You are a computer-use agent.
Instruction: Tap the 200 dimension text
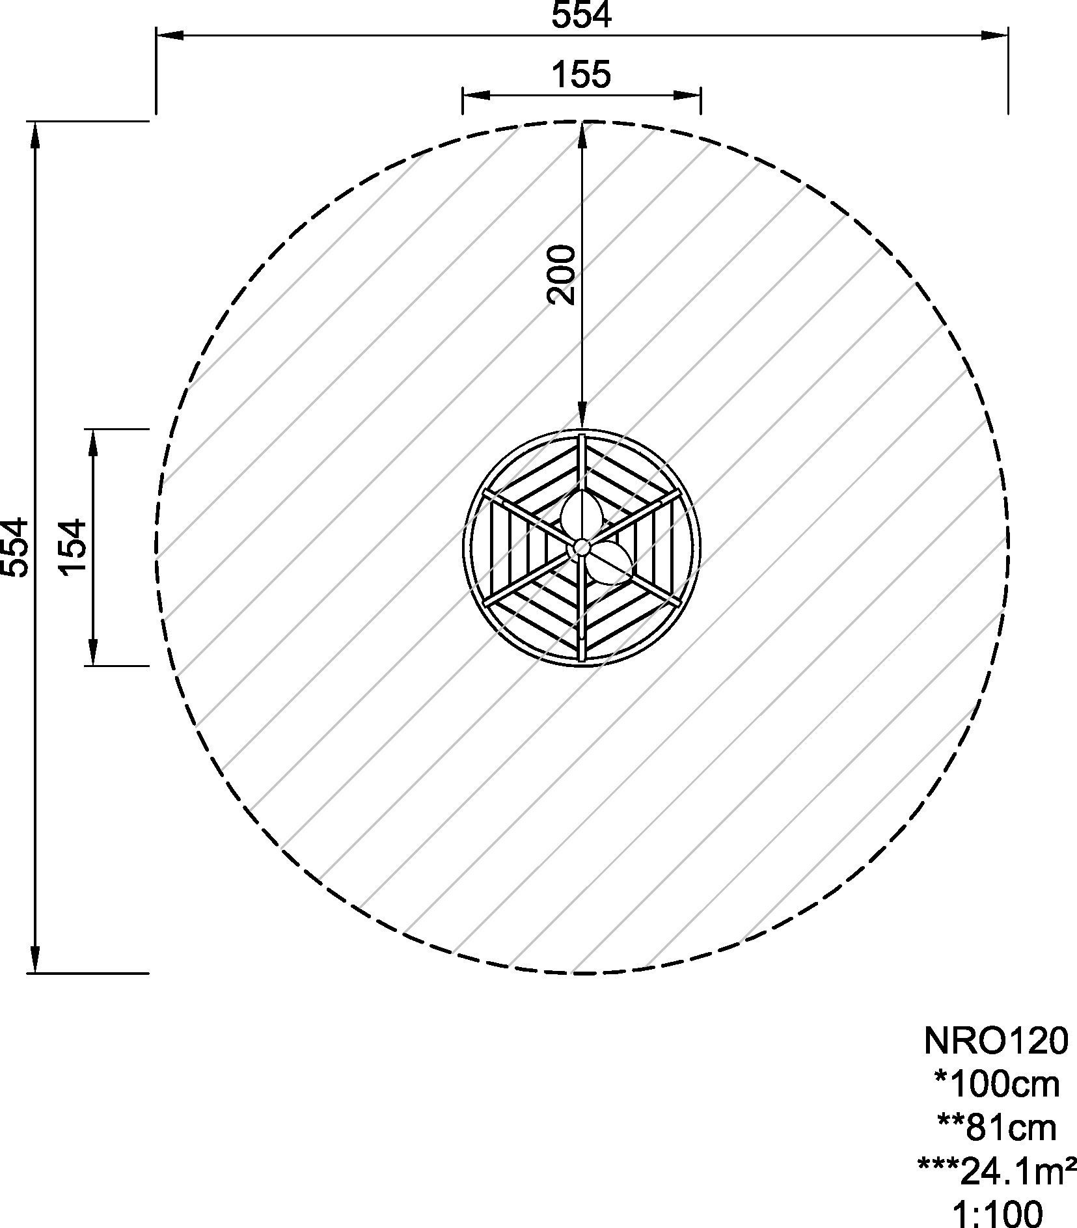(562, 274)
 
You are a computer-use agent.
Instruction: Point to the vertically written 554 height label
(14, 547)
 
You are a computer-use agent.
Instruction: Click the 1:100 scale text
(997, 1214)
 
